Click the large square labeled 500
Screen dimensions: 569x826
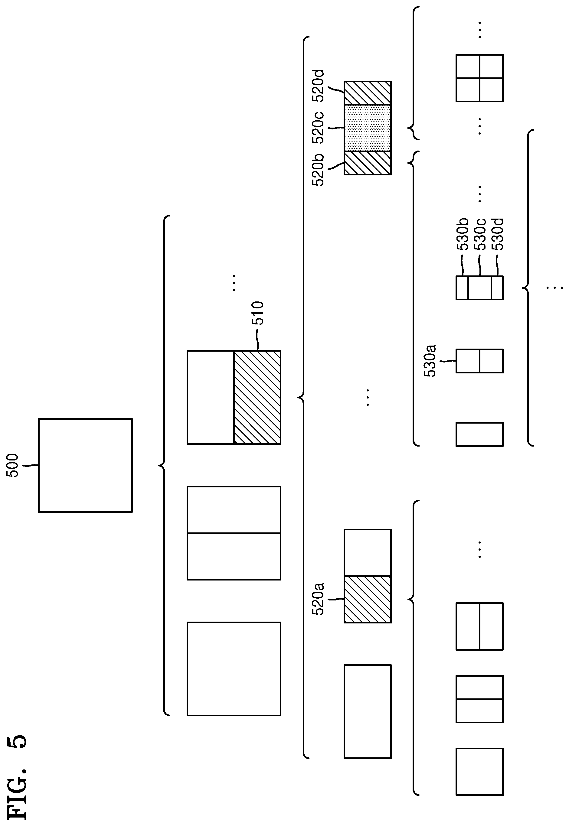(86, 465)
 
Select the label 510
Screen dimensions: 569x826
(257, 313)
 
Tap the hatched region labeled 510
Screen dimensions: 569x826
(257, 397)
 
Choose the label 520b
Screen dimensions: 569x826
(318, 170)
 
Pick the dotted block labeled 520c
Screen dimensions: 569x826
(368, 128)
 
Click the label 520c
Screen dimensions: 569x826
(318, 128)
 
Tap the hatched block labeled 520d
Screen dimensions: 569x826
(368, 93)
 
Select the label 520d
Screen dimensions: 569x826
(318, 86)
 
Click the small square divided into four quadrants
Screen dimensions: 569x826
(479, 78)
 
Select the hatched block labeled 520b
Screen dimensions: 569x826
(368, 163)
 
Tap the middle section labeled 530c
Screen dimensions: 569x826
(479, 288)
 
